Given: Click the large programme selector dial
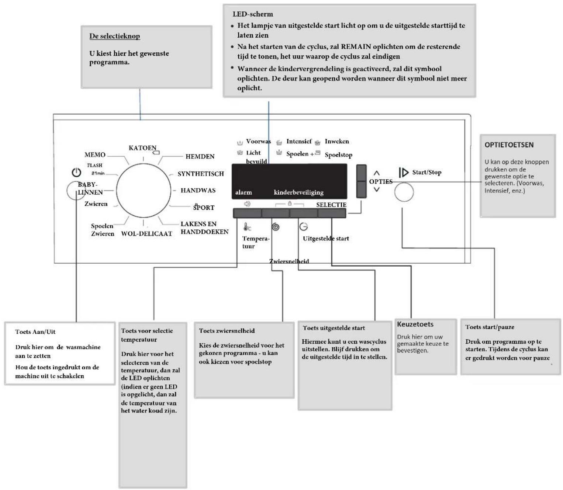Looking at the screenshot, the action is pyautogui.click(x=144, y=190).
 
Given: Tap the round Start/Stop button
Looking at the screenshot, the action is pyautogui.click(x=404, y=192).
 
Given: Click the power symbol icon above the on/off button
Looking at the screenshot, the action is pyautogui.click(x=76, y=173).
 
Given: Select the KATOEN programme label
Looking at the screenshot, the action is pyautogui.click(x=142, y=148).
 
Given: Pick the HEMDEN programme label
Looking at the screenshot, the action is pyautogui.click(x=200, y=156).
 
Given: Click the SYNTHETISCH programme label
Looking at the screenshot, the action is pyautogui.click(x=201, y=174).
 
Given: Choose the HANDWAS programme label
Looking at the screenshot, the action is pyautogui.click(x=198, y=190).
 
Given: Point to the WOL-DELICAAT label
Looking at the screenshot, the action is pyautogui.click(x=147, y=234).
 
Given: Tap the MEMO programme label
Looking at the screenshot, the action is pyautogui.click(x=95, y=155).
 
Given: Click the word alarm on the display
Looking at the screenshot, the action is pyautogui.click(x=243, y=192).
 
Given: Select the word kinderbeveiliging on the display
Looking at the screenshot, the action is pyautogui.click(x=298, y=192).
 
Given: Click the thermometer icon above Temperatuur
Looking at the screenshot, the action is pyautogui.click(x=247, y=227).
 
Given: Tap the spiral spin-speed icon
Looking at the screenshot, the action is pyautogui.click(x=276, y=227).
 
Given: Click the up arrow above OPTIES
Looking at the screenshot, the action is pyautogui.click(x=376, y=173).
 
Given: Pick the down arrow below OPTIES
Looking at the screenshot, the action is pyautogui.click(x=376, y=189).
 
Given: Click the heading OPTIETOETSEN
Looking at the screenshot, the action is pyautogui.click(x=509, y=145).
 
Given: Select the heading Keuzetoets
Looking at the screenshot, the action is pyautogui.click(x=415, y=324).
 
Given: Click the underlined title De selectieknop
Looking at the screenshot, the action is pyautogui.click(x=114, y=36).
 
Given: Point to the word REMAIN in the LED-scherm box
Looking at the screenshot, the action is pyautogui.click(x=356, y=46).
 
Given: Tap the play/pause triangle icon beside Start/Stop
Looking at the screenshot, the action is pyautogui.click(x=403, y=173).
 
